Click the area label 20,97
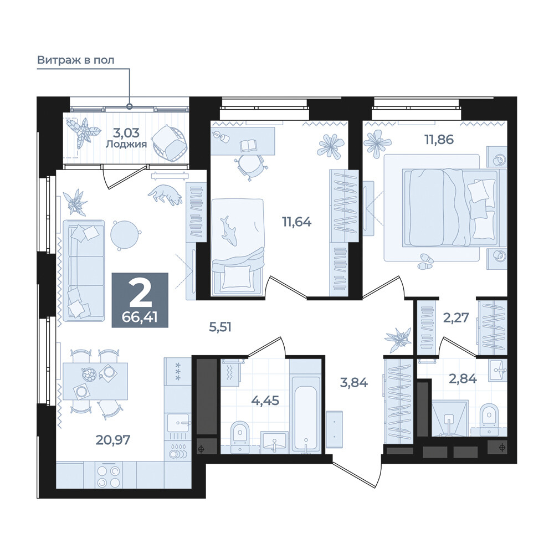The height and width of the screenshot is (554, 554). point(113,440)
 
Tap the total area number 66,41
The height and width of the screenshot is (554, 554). point(140,317)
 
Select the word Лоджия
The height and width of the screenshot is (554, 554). point(126,144)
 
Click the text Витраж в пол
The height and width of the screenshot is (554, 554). point(75,60)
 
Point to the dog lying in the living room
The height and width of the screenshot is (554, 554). point(165,194)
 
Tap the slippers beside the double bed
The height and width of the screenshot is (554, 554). point(425,261)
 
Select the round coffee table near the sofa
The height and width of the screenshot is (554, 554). point(125,235)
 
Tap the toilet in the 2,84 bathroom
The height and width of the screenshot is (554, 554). point(490,419)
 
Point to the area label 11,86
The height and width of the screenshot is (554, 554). point(439,140)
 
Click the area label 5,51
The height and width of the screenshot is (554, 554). point(220,327)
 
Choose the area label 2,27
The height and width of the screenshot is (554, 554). point(456,317)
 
